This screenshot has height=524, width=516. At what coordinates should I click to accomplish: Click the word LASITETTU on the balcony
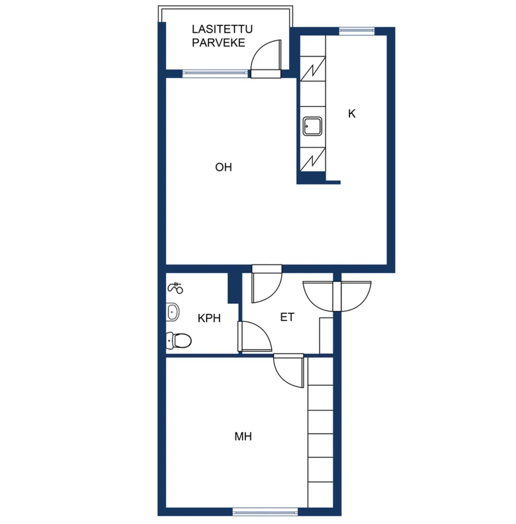(222, 29)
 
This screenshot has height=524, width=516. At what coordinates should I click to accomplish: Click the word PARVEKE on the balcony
(218, 43)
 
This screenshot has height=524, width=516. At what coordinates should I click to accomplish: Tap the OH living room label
(223, 167)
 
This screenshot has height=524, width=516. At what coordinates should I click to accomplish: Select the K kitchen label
(352, 114)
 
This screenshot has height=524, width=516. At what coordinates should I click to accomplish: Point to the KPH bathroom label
(209, 318)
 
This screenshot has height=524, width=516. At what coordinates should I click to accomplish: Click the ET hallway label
(287, 317)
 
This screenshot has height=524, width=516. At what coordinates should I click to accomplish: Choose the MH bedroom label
(243, 436)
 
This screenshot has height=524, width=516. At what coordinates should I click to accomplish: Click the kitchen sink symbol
(313, 126)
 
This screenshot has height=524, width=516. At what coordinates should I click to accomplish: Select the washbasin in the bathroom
(172, 312)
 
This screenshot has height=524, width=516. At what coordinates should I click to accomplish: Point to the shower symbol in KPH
(175, 288)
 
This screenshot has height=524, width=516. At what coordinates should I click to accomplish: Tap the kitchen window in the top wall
(357, 31)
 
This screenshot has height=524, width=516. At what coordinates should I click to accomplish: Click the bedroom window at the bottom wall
(265, 512)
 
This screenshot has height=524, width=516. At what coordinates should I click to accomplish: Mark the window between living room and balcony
(215, 74)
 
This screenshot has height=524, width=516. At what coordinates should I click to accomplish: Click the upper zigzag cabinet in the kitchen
(313, 69)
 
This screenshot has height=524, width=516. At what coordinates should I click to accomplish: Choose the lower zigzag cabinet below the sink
(313, 160)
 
